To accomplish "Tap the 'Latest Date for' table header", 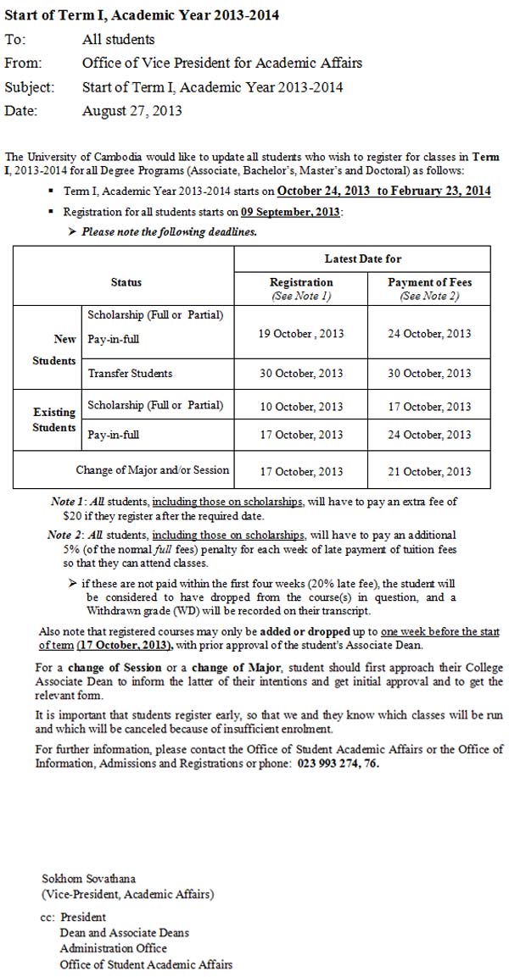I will [x=363, y=258].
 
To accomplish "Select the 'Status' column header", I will [x=126, y=282].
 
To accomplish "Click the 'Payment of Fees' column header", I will [x=429, y=282].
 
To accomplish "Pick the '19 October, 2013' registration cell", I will [x=301, y=334].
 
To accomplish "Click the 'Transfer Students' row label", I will [x=130, y=373].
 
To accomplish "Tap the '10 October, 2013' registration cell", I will [x=301, y=407].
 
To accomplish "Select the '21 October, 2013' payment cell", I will [x=429, y=471].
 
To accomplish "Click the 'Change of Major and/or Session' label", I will [x=153, y=470].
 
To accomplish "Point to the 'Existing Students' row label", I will [x=54, y=419].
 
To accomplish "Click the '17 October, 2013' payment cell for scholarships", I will [x=429, y=407].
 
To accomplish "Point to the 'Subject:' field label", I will [x=30, y=86].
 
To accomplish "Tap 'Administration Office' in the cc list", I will [x=113, y=948].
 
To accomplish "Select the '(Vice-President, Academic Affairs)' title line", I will [x=128, y=893].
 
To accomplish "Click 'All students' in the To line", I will [x=118, y=39].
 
